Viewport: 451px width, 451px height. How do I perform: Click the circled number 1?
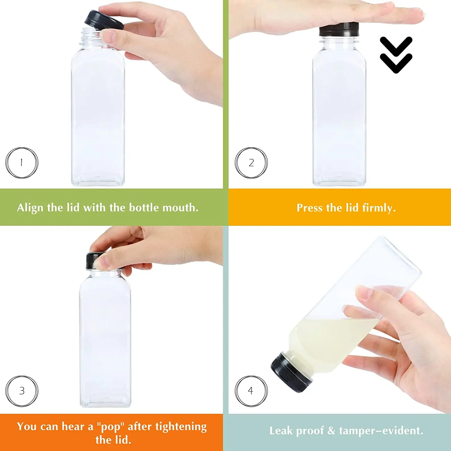click(22, 163)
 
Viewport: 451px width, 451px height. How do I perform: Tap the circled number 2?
click(251, 163)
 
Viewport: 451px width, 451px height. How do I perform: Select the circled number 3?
click(22, 391)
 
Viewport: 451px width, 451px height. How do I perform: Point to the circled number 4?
click(251, 391)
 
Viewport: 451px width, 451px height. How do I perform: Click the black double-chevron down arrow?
click(396, 55)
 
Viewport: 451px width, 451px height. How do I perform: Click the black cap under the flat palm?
click(339, 30)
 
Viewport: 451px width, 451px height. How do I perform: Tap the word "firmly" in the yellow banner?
click(379, 208)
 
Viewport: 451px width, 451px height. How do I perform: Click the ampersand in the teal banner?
click(331, 431)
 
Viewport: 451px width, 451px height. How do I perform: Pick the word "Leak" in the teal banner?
click(281, 431)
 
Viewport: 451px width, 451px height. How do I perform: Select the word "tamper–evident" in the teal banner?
click(381, 431)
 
